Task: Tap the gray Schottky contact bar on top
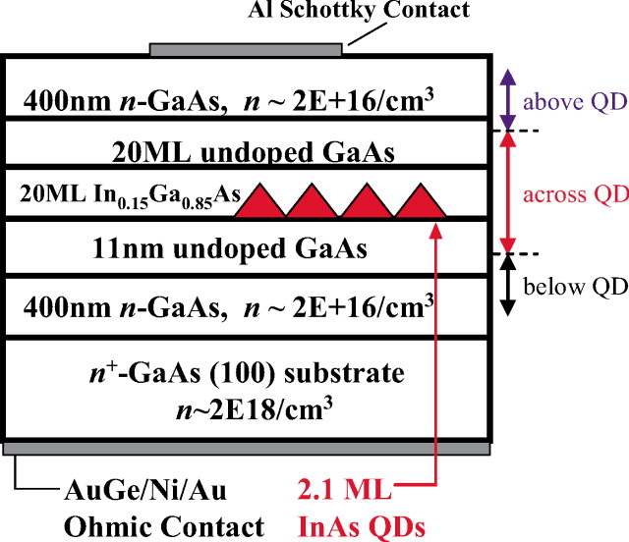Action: click(x=246, y=48)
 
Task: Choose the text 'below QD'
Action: click(x=575, y=287)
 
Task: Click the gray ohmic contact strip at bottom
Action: click(x=246, y=448)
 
